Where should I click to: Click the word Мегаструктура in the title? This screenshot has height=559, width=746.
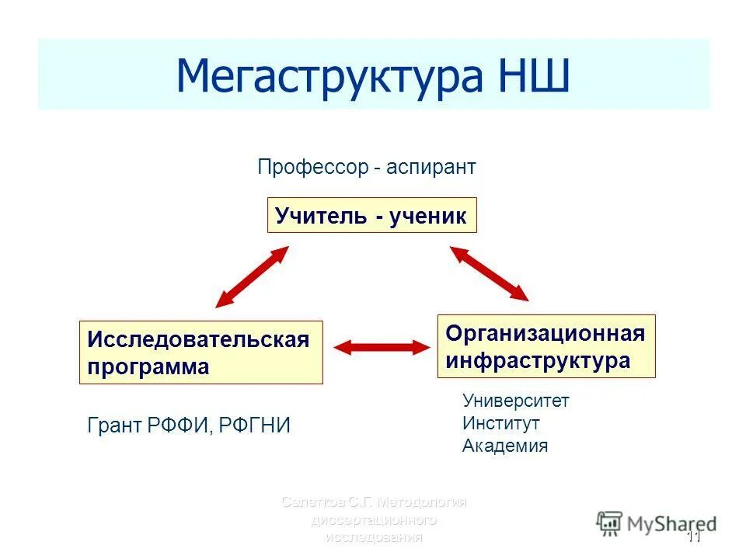(328, 76)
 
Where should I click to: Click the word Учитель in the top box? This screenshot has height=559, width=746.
(320, 216)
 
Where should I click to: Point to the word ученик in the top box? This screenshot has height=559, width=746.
(427, 216)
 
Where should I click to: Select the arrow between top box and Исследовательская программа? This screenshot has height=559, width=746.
(252, 277)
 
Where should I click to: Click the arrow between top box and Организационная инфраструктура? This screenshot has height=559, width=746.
(490, 273)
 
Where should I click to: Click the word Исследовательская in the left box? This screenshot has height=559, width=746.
(198, 339)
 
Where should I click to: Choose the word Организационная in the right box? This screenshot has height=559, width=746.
(545, 334)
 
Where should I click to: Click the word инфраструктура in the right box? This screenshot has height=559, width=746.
(537, 361)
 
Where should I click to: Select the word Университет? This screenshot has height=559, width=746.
(515, 401)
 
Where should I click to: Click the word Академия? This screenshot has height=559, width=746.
(504, 446)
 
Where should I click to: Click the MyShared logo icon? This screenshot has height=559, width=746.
(609, 523)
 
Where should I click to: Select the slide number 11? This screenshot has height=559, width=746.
(693, 537)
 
